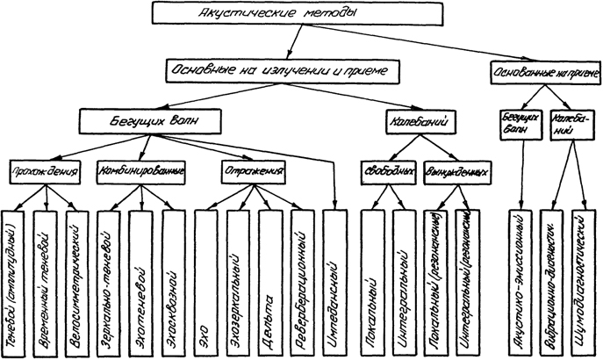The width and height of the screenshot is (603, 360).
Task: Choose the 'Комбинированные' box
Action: coord(140,170)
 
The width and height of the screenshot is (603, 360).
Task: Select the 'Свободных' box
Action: coord(386,170)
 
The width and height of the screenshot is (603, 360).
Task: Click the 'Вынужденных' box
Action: coord(456,170)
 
